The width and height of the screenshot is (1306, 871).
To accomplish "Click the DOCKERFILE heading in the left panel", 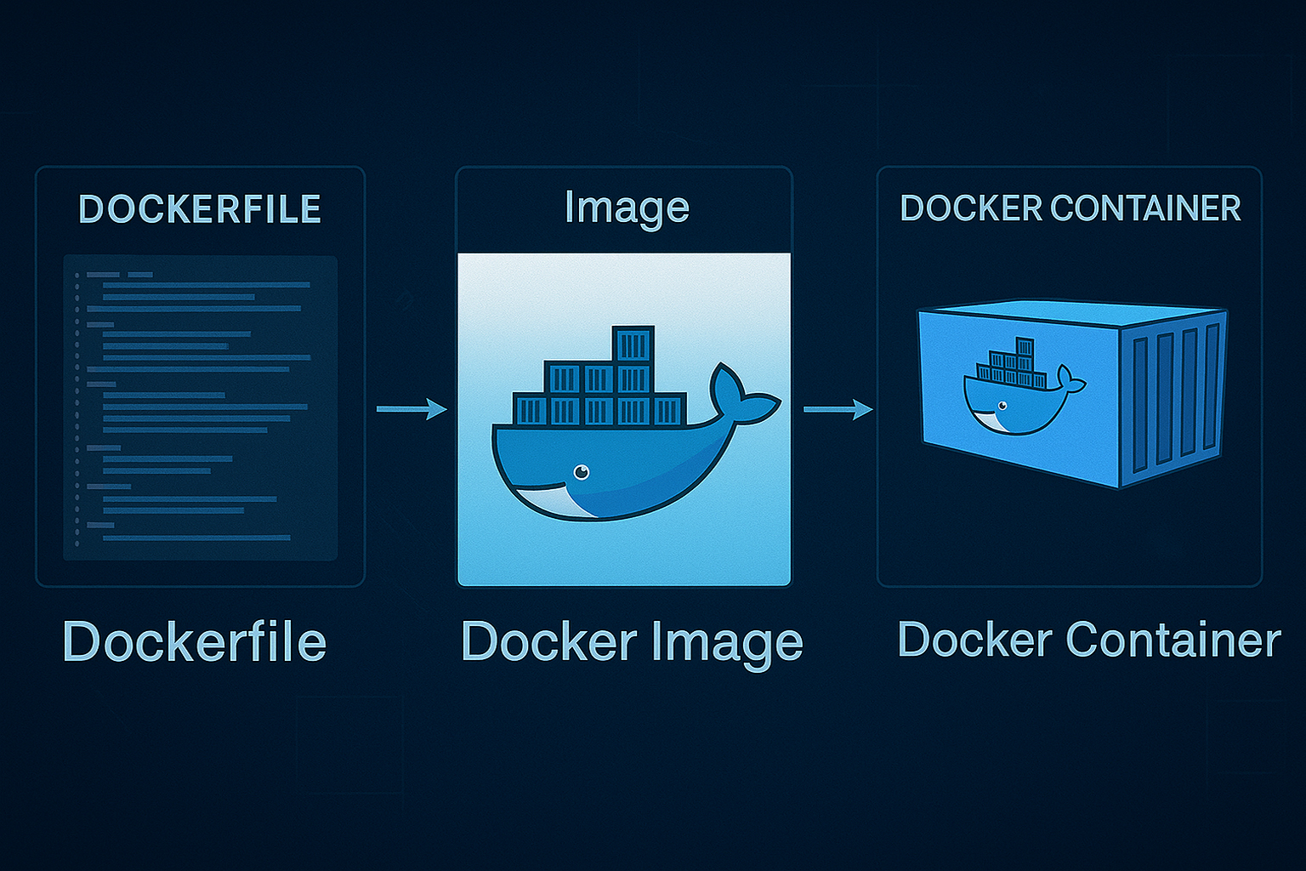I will [x=200, y=209].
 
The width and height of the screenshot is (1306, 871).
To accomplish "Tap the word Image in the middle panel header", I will [x=627, y=208].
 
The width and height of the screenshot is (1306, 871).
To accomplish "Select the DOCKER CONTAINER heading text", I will [x=1070, y=208].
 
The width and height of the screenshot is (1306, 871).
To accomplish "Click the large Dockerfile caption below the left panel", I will [x=195, y=641].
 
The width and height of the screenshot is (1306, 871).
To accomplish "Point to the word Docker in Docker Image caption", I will [x=548, y=641].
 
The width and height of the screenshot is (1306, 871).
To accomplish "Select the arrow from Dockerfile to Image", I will [x=412, y=409].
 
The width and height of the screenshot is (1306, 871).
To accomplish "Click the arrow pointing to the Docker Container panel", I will [x=838, y=409].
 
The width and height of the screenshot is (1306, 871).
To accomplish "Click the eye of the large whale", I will [x=582, y=472].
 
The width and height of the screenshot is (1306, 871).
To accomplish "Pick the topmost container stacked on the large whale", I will [x=633, y=345].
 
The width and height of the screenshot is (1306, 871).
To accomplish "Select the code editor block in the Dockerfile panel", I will [x=201, y=408].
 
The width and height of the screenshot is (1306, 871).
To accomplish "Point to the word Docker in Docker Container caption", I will [x=974, y=640].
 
